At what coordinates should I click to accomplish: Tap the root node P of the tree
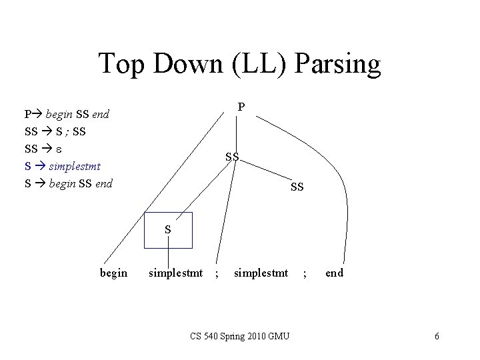tap(241, 107)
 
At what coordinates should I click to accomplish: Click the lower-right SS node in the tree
tap(297, 187)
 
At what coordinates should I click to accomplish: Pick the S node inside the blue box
tap(169, 229)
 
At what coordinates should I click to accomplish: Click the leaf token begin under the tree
tap(113, 273)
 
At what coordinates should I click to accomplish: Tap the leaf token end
tap(335, 273)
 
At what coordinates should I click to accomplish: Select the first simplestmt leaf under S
tap(175, 273)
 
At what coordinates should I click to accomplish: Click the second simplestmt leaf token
tap(261, 273)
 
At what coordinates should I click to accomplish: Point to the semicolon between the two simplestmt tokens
tap(217, 273)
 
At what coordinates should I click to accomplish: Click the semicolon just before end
tap(305, 273)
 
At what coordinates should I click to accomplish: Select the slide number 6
tap(437, 336)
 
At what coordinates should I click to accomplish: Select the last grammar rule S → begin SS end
tap(69, 183)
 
